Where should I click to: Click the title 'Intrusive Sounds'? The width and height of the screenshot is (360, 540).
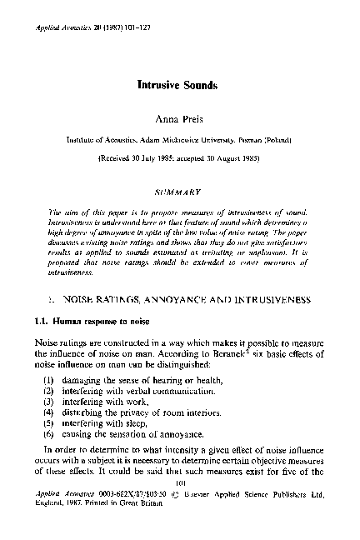pyautogui.click(x=180, y=85)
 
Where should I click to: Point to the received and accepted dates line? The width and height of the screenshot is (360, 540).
pyautogui.click(x=180, y=157)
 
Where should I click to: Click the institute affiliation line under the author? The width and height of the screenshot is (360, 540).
pyautogui.click(x=180, y=138)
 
